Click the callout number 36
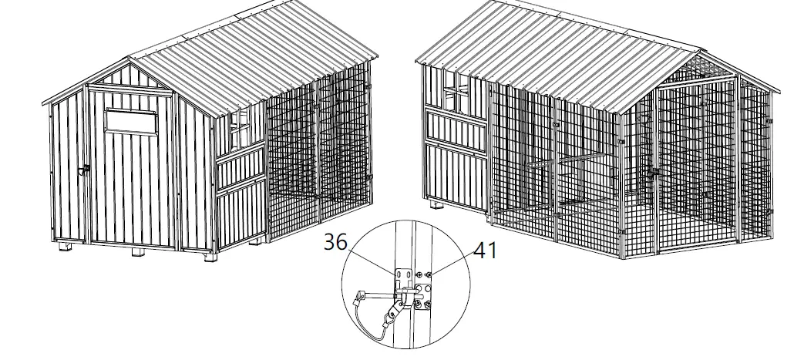coord(335,242)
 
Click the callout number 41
coord(484,250)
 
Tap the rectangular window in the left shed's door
coord(130,119)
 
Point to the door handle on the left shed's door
coord(86,168)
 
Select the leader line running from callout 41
coord(450,263)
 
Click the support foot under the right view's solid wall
coord(438,207)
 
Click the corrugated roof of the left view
coord(254,46)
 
